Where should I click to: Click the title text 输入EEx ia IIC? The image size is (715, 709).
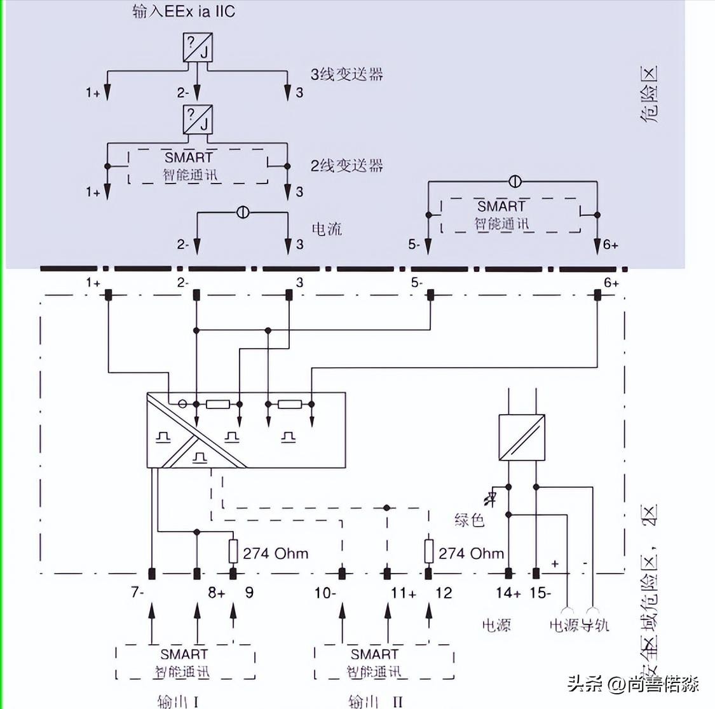[x=184, y=12]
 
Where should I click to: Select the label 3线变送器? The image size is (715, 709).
[x=346, y=74]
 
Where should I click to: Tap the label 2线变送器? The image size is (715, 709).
[x=346, y=166]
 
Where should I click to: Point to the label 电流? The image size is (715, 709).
[x=327, y=229]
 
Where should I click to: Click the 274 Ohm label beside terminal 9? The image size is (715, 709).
[x=275, y=554]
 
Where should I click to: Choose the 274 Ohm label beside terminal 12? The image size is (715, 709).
[x=471, y=554]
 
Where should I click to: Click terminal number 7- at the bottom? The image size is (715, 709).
[x=138, y=593]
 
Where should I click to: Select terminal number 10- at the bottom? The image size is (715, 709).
[x=325, y=593]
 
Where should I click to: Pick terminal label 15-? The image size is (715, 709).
[x=540, y=593]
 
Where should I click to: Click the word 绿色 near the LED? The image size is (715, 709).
[x=470, y=521]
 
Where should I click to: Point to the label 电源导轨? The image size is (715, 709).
[x=579, y=625]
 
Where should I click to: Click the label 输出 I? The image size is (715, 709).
[x=179, y=701]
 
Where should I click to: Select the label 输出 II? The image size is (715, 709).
[x=376, y=701]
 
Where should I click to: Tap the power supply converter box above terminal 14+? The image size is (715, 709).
[x=521, y=438]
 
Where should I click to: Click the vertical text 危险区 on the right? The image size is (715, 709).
[x=649, y=95]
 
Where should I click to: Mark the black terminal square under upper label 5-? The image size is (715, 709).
[x=430, y=295]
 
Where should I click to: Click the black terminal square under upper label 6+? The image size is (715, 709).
[x=597, y=295]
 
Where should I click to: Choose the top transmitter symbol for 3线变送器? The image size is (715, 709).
[x=198, y=48]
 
